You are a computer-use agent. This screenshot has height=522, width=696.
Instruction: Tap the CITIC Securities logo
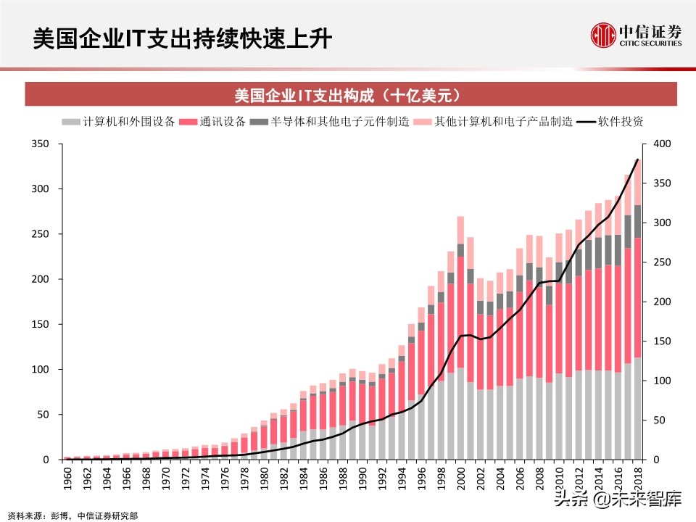(x=635, y=35)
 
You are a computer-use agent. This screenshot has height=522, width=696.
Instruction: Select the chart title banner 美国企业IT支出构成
(x=350, y=96)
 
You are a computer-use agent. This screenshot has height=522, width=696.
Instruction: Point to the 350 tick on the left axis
(x=41, y=144)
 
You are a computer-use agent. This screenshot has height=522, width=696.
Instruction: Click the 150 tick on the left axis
(x=41, y=325)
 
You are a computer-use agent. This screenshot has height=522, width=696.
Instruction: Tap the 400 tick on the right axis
(x=661, y=144)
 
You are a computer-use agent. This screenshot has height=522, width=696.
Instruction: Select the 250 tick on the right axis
(x=661, y=262)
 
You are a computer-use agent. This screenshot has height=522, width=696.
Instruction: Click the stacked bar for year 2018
(x=637, y=326)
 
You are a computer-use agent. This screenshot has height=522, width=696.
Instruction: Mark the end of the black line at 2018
(x=637, y=159)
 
